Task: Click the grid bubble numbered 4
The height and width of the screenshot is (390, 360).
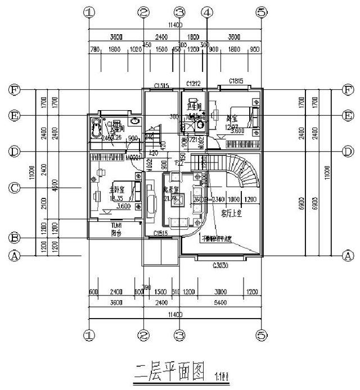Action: tap(207, 12)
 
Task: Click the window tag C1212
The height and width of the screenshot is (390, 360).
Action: tap(194, 84)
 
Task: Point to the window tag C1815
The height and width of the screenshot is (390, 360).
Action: tap(236, 81)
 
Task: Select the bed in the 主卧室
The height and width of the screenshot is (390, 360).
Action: tap(127, 193)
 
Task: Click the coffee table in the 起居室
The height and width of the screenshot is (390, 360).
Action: tap(181, 203)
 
